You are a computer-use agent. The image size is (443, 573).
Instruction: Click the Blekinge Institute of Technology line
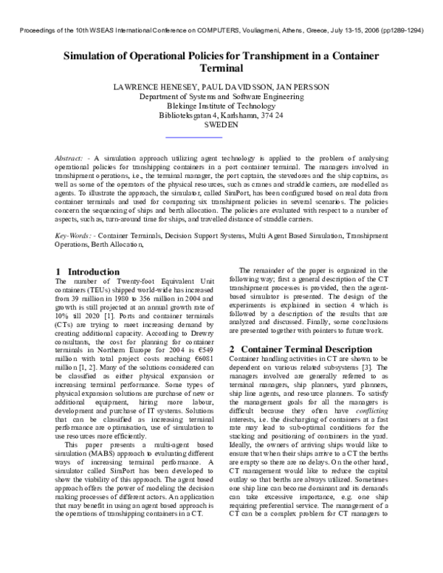(x=221, y=106)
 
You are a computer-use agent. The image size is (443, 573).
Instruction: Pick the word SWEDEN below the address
(x=221, y=126)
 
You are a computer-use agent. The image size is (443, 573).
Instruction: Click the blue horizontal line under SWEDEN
(x=193, y=137)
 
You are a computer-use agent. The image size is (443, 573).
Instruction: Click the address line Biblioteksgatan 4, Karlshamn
(x=221, y=116)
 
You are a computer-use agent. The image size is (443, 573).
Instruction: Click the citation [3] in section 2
(x=396, y=368)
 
